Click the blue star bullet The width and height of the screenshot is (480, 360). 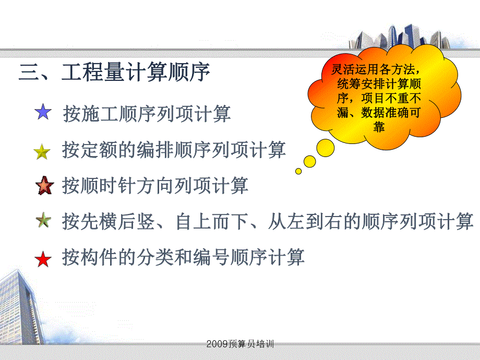(x=42, y=112)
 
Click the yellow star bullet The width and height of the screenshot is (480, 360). (x=42, y=152)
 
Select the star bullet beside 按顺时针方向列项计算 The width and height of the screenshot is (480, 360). (x=43, y=186)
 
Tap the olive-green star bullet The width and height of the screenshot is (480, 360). (x=43, y=221)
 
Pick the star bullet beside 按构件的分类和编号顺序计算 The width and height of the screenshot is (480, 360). (x=43, y=259)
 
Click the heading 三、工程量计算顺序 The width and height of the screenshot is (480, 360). (x=114, y=73)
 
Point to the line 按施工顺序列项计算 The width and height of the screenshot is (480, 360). (x=147, y=113)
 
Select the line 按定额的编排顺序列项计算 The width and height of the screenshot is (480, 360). (x=174, y=150)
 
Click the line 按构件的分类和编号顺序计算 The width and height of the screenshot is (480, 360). (x=183, y=257)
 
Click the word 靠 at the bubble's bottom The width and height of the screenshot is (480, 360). (x=379, y=127)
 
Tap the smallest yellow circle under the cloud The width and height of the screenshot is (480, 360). (x=298, y=171)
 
